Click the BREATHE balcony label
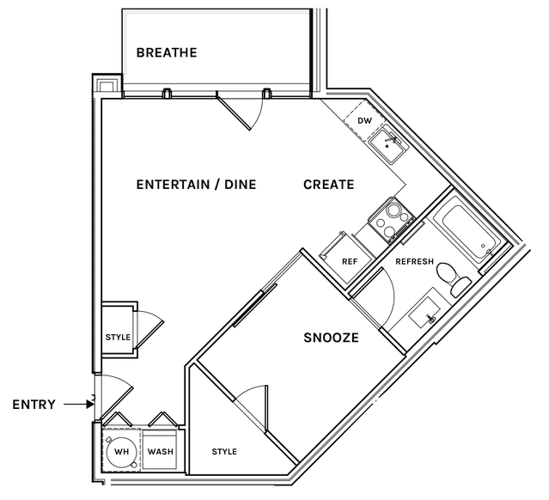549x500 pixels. (x=167, y=52)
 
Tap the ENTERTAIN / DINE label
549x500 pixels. (x=196, y=185)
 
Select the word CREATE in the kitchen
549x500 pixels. (x=329, y=185)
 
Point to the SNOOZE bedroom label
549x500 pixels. (x=332, y=338)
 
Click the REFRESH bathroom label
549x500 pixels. (x=415, y=261)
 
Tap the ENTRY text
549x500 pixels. (x=34, y=405)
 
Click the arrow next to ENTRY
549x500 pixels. (x=79, y=405)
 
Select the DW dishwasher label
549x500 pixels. (x=364, y=121)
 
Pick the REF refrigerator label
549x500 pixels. (x=350, y=261)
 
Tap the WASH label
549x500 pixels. (x=161, y=452)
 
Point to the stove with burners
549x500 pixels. (x=392, y=220)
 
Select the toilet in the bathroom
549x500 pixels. (x=454, y=279)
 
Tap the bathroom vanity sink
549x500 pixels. (x=425, y=313)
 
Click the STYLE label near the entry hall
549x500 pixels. (x=118, y=337)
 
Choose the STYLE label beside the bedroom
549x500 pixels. (x=224, y=452)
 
